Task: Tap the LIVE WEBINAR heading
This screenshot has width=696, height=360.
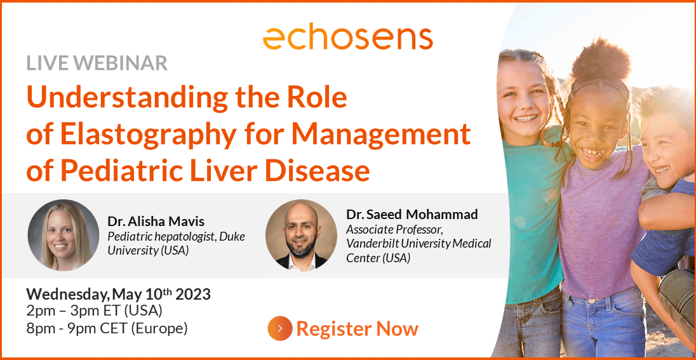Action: (x=97, y=63)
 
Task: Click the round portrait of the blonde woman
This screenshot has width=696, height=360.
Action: (x=63, y=235)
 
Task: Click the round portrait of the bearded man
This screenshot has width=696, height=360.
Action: (x=301, y=235)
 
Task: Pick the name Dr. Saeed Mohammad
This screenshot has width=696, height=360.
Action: (x=412, y=215)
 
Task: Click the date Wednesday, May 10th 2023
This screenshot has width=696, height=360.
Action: (x=119, y=295)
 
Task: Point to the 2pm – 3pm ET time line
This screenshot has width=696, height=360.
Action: (x=94, y=310)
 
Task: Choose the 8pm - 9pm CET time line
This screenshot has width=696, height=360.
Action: (x=107, y=329)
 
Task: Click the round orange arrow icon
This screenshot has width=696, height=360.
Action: (x=279, y=328)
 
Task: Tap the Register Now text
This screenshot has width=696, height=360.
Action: (x=358, y=329)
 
